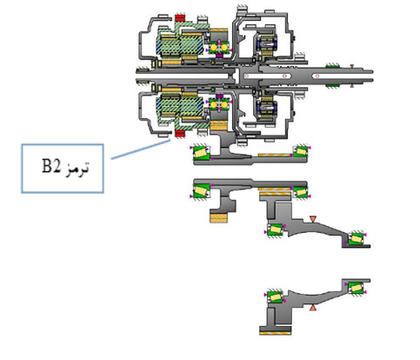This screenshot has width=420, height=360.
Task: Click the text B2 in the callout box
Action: [51, 166]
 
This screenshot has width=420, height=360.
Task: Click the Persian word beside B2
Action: [77, 168]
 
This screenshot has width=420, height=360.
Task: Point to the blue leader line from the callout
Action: [141, 150]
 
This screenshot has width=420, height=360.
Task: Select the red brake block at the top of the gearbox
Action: [180, 18]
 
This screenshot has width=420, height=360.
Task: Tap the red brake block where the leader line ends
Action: [180, 134]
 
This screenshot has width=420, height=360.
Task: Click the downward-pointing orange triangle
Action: [312, 219]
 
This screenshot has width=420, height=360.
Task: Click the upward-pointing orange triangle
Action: [312, 308]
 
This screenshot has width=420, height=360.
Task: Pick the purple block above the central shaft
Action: [219, 56]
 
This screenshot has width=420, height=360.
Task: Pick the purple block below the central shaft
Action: [219, 96]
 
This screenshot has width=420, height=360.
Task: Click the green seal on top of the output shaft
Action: [332, 66]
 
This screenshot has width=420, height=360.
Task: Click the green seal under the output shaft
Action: [332, 85]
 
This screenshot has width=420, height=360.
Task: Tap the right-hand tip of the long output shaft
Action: [373, 76]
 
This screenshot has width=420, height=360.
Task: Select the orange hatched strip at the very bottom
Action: [275, 333]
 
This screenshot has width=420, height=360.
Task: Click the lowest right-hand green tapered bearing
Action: [356, 288]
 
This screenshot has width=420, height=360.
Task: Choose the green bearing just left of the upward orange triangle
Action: [275, 297]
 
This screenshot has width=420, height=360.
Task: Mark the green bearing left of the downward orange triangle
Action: [275, 230]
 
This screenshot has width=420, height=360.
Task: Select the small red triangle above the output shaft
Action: [351, 66]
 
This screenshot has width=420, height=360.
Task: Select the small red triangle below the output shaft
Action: [351, 85]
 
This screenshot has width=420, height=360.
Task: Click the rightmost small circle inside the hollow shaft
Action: [317, 77]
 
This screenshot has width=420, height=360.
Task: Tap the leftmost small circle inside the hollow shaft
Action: [247, 77]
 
